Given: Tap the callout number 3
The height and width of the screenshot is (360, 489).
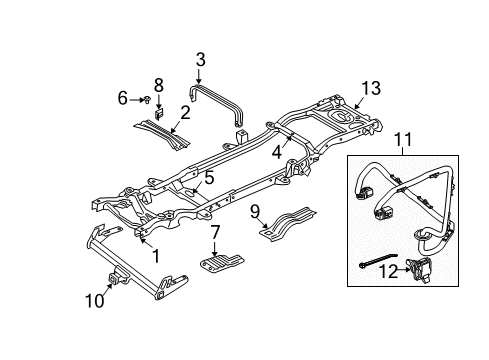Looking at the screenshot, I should [200, 60].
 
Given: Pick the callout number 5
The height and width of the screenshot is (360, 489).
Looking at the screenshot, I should [209, 179].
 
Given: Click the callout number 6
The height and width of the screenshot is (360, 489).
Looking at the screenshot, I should [123, 97].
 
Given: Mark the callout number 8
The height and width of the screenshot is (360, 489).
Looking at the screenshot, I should [157, 84].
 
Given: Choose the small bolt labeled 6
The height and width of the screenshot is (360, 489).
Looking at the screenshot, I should [145, 98].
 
